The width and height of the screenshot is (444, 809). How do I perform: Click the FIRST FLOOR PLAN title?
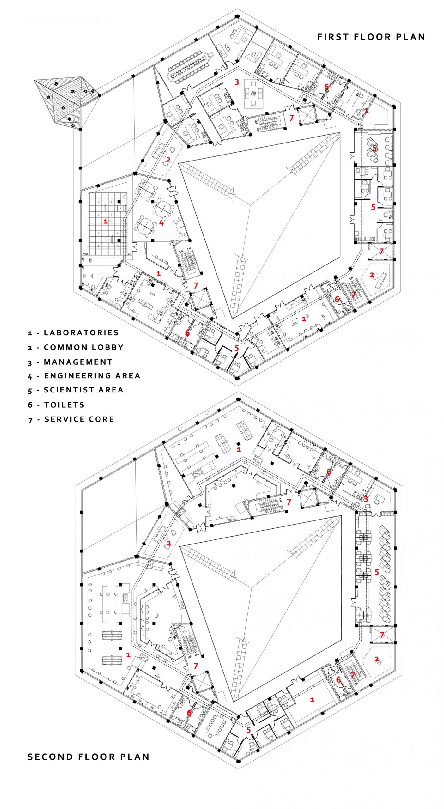click(371, 37)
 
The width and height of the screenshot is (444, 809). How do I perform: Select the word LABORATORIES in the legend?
click(81, 332)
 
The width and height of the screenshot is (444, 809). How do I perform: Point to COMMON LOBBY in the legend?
click(83, 347)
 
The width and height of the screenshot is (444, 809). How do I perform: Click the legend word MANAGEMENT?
click(78, 362)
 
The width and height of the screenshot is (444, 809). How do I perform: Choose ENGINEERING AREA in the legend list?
click(92, 376)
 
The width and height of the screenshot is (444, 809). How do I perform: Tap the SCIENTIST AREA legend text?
click(83, 390)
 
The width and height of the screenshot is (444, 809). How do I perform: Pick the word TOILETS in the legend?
click(64, 405)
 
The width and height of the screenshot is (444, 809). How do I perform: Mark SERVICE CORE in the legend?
click(79, 419)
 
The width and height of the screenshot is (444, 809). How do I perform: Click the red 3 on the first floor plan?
click(237, 82)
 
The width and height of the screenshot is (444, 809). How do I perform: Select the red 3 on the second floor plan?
click(366, 499)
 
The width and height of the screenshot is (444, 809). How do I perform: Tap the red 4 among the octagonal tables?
click(161, 223)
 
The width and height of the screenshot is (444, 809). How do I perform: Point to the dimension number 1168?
click(85, 254)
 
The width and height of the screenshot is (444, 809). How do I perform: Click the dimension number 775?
click(129, 254)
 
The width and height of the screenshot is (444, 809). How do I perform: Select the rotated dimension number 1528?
click(90, 260)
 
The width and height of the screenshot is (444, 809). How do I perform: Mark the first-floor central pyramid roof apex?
click(251, 205)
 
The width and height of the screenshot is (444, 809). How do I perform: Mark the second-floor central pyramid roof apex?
click(252, 588)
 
